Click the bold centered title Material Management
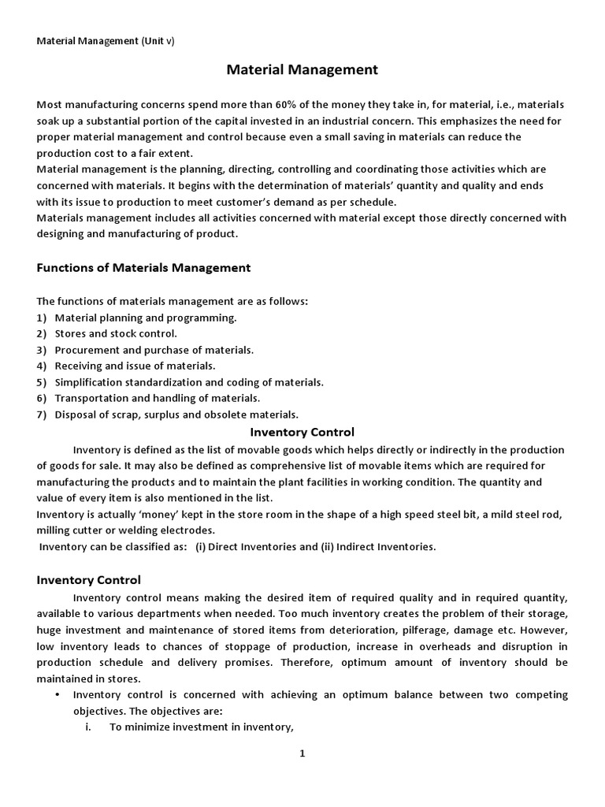(302, 70)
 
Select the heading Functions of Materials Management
(143, 268)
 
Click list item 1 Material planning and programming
(145, 318)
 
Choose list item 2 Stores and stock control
(115, 333)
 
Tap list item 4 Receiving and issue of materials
(135, 366)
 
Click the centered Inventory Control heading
(302, 432)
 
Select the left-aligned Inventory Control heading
(89, 580)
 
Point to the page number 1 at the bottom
(302, 753)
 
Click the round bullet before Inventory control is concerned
(59, 694)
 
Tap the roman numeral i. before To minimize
(89, 727)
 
